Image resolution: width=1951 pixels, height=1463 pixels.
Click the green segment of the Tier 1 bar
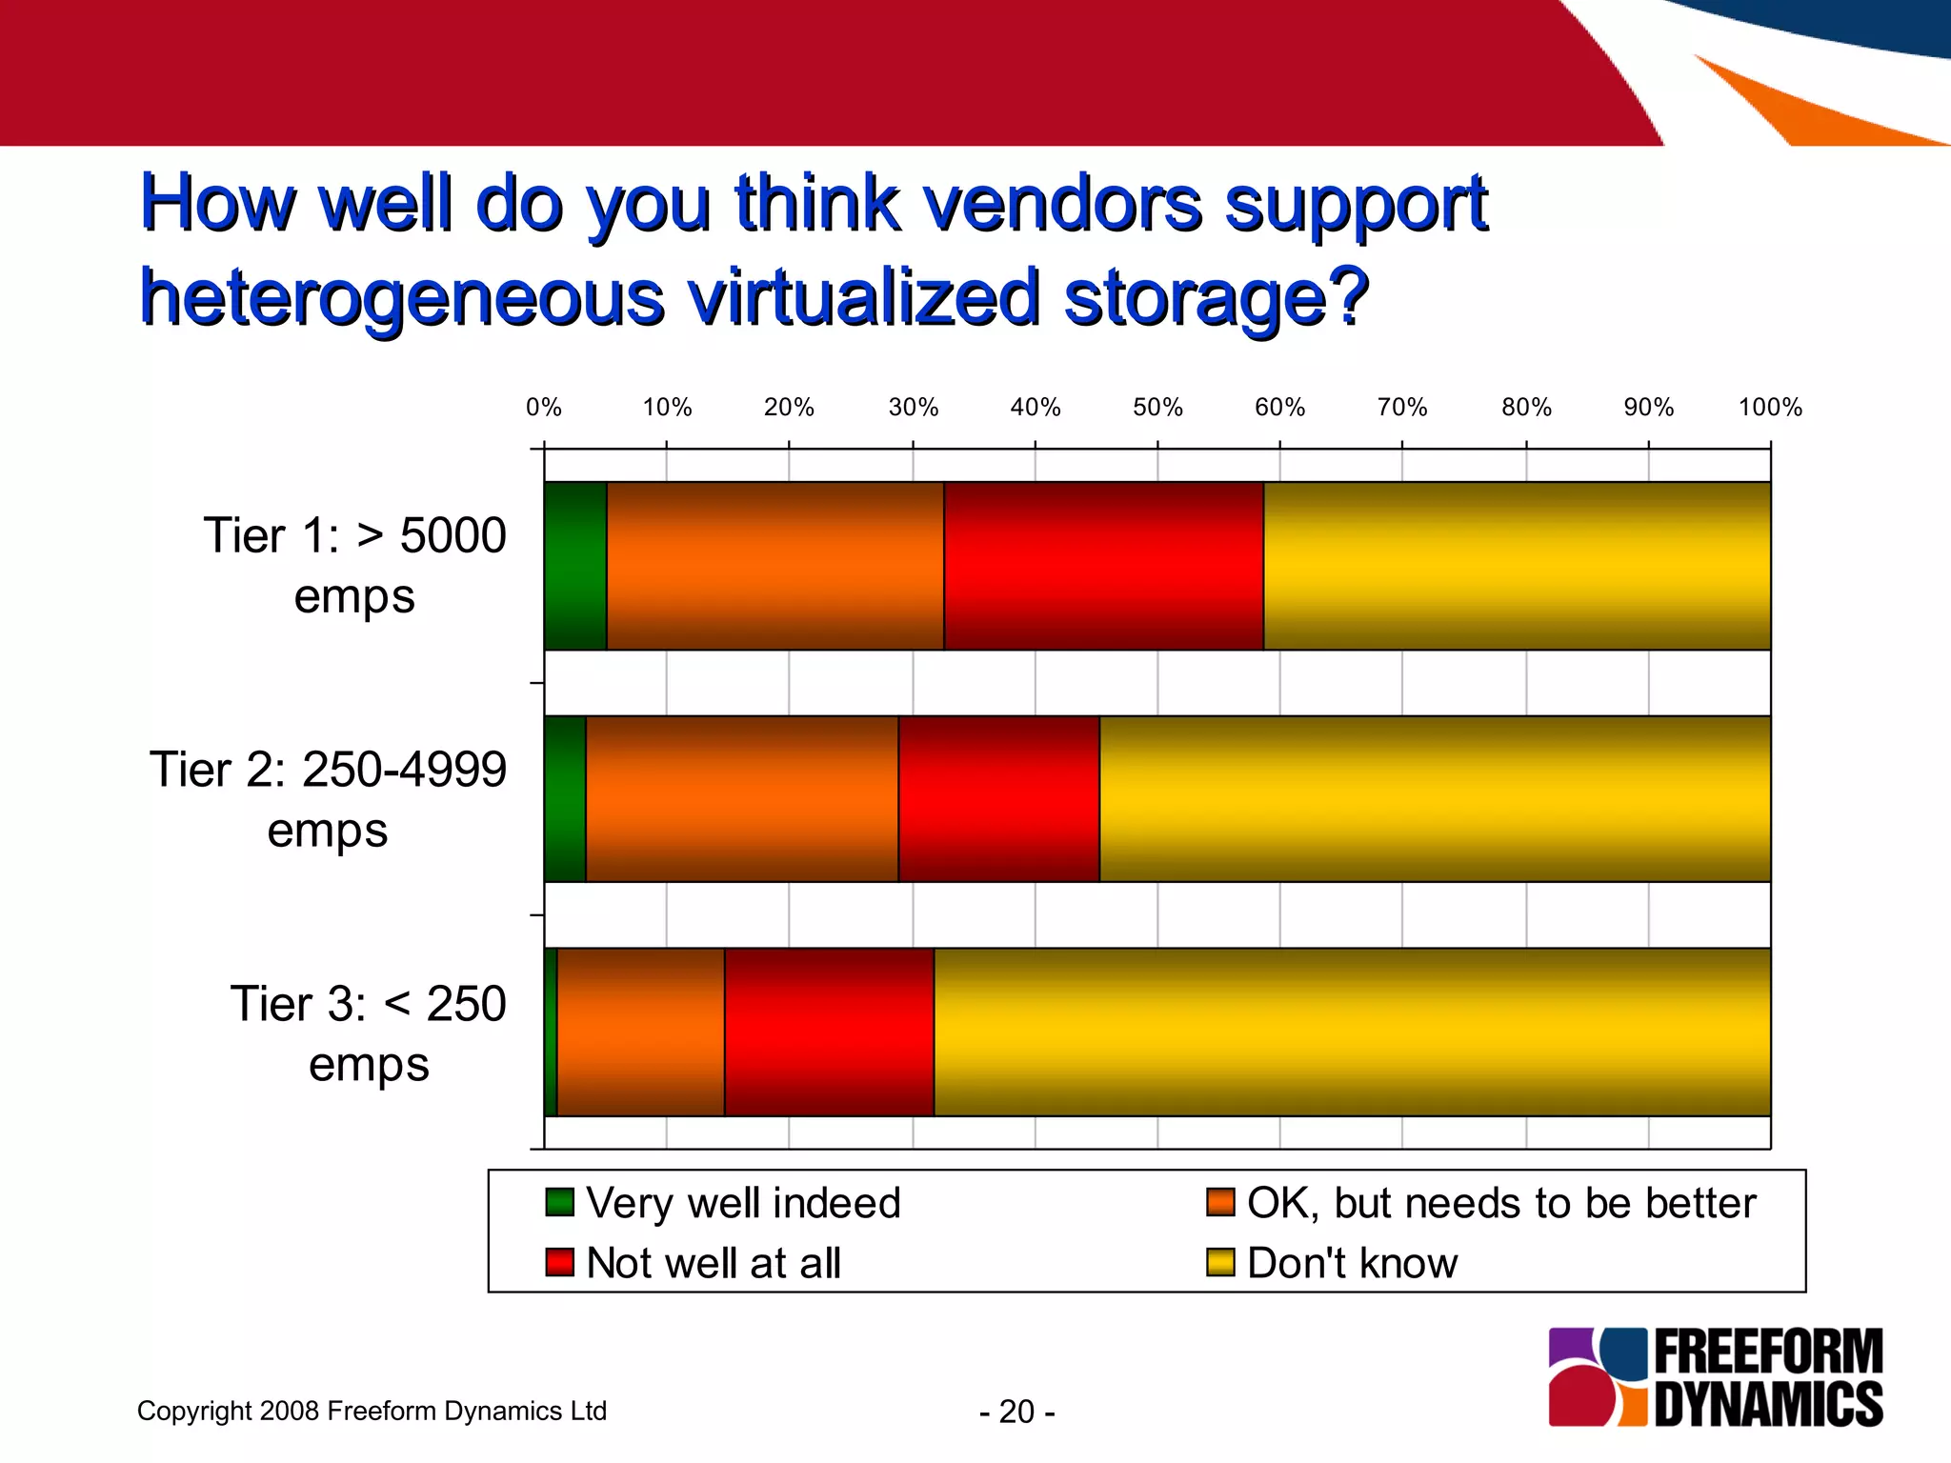[575, 566]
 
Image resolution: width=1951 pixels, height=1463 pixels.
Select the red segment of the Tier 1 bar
[1103, 566]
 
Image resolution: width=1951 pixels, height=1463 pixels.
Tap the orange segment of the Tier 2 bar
[741, 799]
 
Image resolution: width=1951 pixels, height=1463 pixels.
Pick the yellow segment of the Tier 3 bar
[1352, 1032]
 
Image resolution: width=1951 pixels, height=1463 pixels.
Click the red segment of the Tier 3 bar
[829, 1032]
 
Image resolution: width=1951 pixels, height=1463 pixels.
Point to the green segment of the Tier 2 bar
[565, 799]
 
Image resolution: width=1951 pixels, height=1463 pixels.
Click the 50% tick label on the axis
[1157, 408]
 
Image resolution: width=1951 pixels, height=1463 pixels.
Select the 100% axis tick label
[1770, 408]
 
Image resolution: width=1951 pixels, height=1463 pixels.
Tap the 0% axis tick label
[544, 408]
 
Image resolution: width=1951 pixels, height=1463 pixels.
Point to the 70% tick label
[1402, 408]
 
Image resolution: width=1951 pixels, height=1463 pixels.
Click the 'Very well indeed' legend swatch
[559, 1202]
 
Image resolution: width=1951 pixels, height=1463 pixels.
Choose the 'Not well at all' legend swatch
[559, 1262]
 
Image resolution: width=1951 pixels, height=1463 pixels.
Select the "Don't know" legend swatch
[1220, 1262]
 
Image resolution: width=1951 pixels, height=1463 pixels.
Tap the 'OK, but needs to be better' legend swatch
[1220, 1202]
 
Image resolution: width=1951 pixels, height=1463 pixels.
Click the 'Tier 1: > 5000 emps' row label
[354, 566]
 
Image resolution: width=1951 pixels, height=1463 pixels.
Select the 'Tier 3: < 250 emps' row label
[369, 1033]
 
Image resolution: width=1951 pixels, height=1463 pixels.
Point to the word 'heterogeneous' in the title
[402, 297]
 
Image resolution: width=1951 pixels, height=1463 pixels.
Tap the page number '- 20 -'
[1016, 1411]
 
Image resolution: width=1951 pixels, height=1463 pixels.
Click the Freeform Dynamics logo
[1716, 1376]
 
